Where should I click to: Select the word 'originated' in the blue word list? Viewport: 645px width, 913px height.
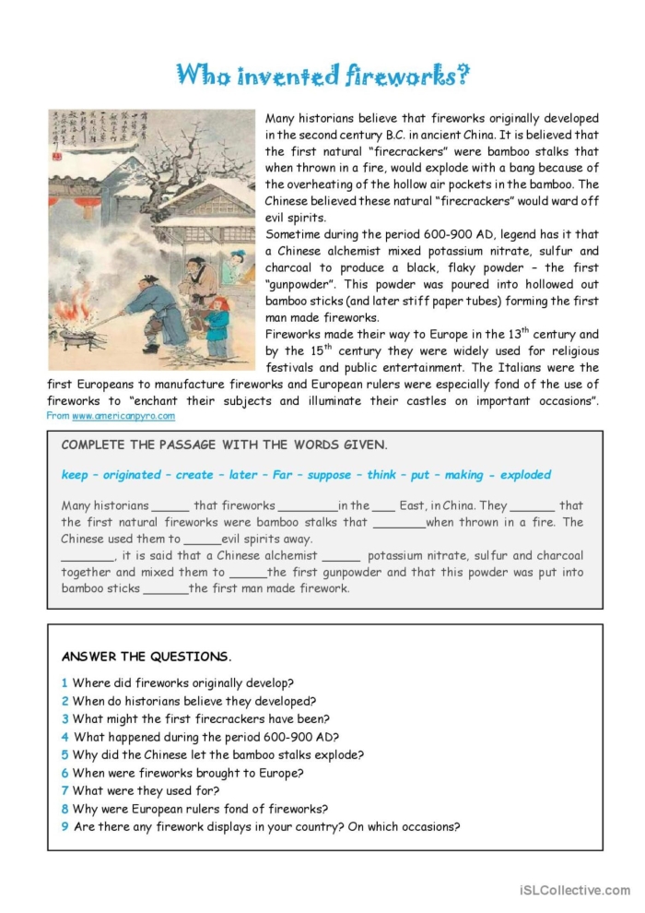[x=131, y=475]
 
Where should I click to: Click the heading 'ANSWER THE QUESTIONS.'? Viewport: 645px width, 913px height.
[x=147, y=657]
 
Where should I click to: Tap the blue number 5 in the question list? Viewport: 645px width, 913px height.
[x=64, y=754]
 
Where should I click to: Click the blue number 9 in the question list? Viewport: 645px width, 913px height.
[x=64, y=826]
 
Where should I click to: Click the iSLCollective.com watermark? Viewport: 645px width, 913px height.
[x=574, y=890]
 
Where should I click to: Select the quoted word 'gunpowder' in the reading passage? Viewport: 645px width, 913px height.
[x=302, y=284]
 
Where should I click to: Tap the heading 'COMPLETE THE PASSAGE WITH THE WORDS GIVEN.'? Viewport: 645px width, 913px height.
[x=224, y=445]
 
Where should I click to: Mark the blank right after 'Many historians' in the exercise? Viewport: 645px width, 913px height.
[x=170, y=506]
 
